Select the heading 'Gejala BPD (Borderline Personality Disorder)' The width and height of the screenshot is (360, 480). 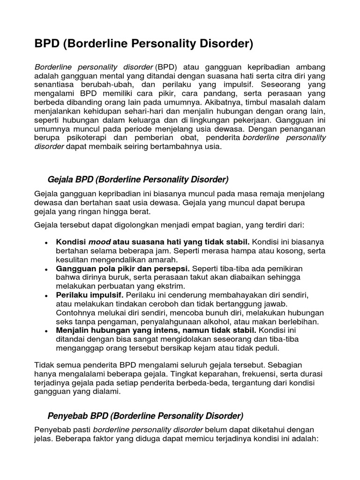[x=138, y=180]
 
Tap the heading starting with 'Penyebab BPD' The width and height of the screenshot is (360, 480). [x=146, y=416]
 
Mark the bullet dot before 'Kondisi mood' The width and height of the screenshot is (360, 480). [x=46, y=243]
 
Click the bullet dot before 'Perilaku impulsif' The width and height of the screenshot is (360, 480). [x=46, y=296]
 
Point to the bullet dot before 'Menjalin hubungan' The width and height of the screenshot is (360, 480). [x=46, y=331]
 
